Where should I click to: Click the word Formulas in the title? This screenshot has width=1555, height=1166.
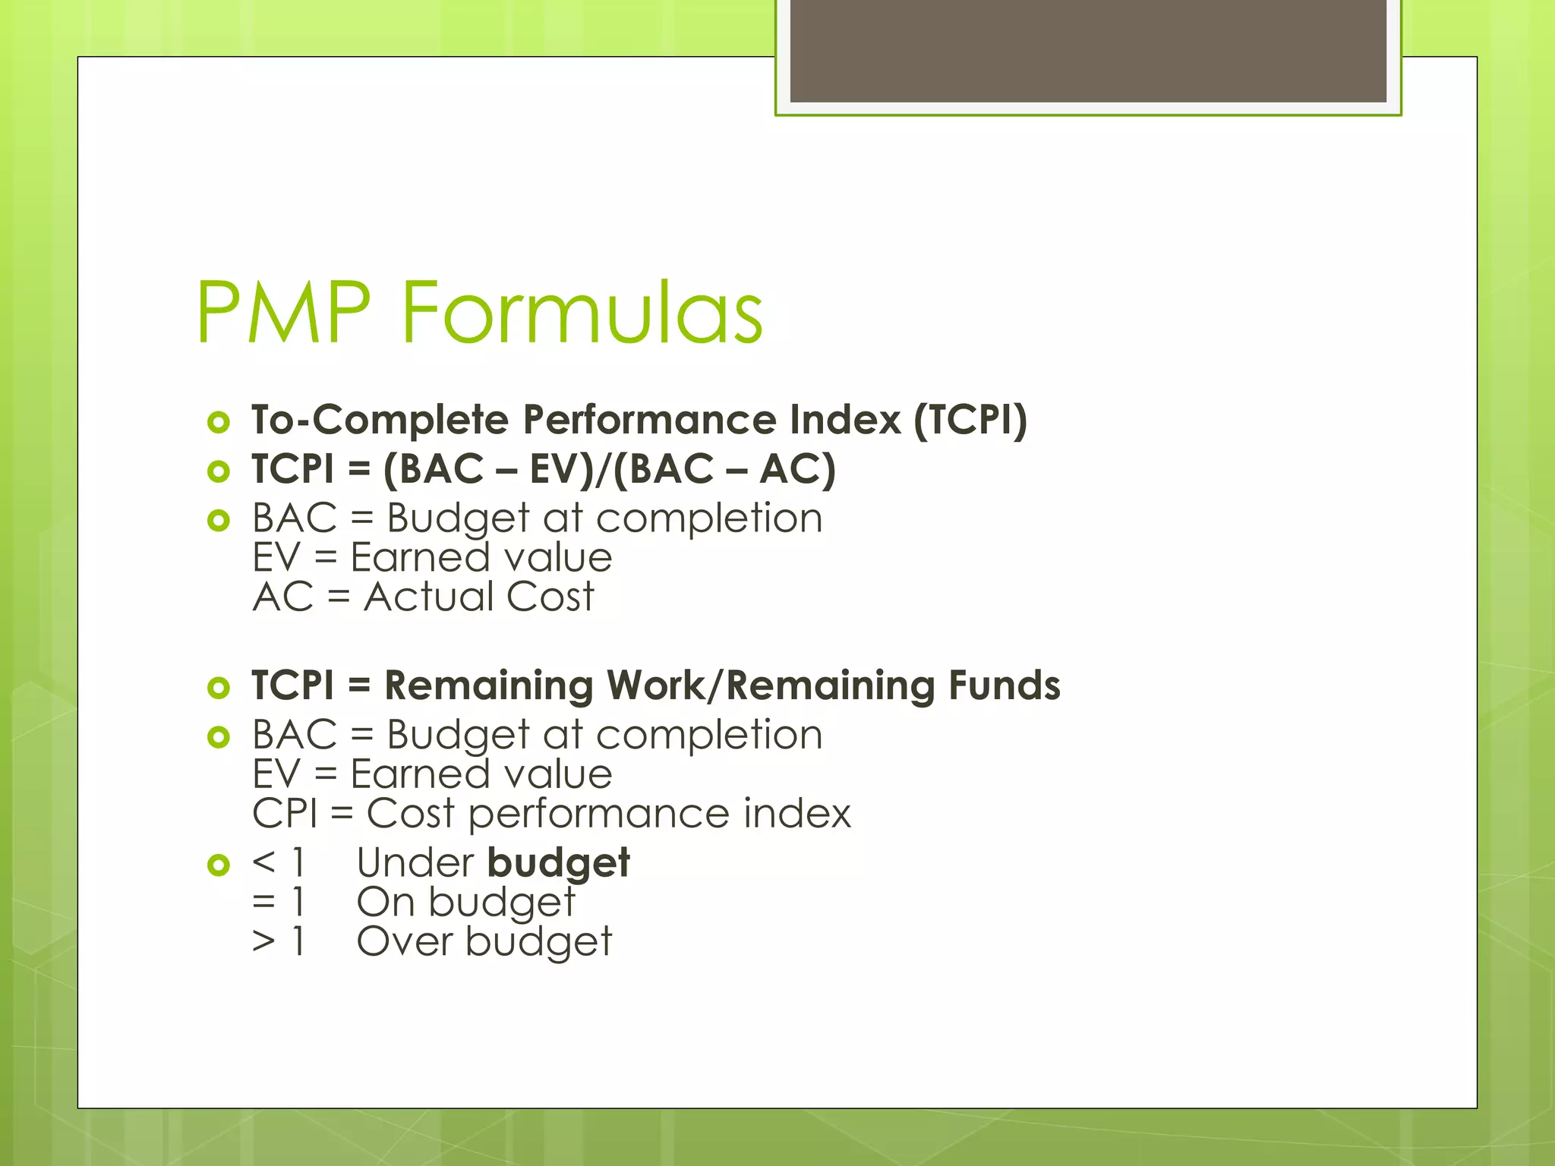582,313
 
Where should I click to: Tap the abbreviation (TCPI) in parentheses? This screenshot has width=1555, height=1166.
970,420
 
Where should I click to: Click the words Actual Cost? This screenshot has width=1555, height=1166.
479,597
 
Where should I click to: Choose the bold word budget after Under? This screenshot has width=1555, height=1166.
558,864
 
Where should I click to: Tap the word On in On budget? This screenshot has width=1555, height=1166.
386,903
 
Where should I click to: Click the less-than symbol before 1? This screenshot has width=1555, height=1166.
263,863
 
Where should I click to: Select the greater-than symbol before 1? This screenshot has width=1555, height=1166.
263,942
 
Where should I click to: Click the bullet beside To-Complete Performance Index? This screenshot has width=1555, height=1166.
219,422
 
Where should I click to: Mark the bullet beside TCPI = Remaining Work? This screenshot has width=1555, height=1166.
219,688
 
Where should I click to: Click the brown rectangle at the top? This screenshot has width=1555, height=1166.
1088,50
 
